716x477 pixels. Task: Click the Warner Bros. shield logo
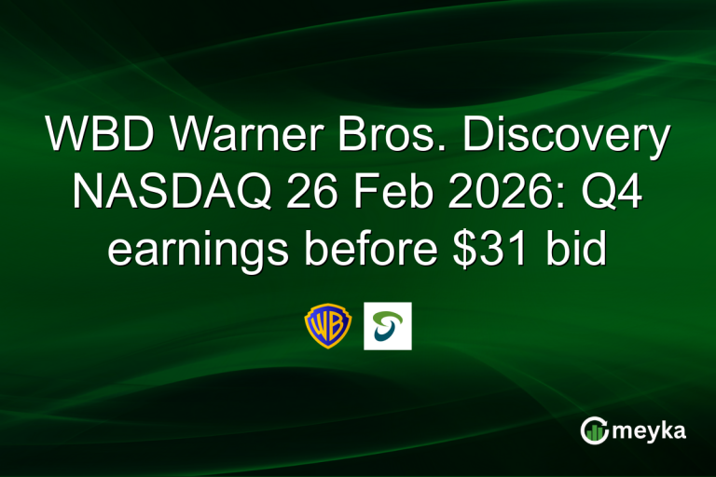click(328, 325)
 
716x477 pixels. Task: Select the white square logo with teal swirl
click(387, 325)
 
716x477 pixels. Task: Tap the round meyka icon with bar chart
click(594, 429)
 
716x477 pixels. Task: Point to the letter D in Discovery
click(477, 138)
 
